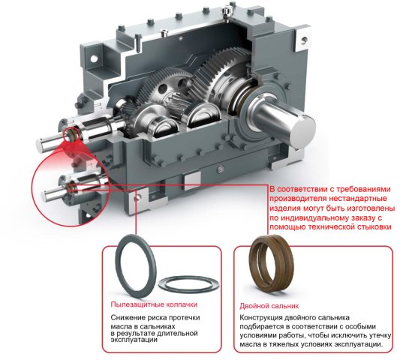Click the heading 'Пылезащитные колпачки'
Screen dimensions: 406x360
click(154, 304)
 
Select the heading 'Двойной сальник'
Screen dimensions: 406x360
click(269, 306)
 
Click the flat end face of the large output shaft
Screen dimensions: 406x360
click(302, 132)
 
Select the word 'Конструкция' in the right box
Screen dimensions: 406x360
click(260, 317)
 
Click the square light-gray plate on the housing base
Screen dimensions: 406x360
click(192, 181)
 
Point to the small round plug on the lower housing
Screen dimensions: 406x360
click(221, 169)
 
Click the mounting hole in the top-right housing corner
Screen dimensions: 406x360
click(304, 40)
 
